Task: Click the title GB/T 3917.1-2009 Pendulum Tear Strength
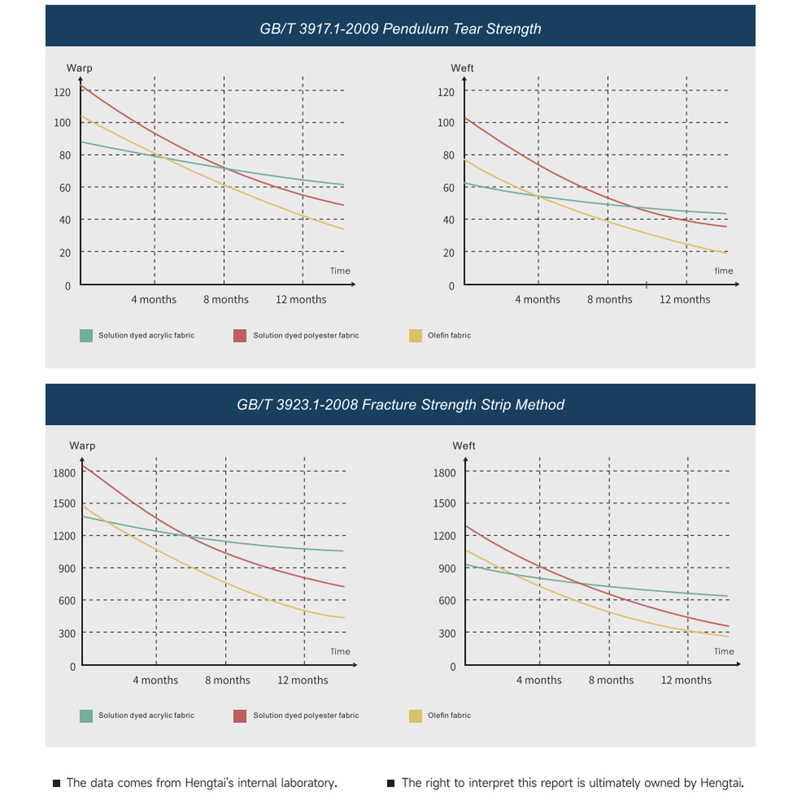[400, 29]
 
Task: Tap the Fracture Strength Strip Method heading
[463, 405]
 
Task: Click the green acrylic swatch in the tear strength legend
[86, 335]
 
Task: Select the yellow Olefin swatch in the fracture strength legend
[415, 716]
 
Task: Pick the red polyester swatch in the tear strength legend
[240, 335]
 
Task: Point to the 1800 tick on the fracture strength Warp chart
[64, 473]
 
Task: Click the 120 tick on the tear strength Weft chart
[446, 92]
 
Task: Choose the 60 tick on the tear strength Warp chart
[65, 188]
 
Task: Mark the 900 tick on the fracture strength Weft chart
[447, 569]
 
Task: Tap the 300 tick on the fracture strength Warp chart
[67, 634]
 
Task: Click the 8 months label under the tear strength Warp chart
[226, 300]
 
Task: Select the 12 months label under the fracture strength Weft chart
[686, 680]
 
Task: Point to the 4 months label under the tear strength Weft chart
[538, 300]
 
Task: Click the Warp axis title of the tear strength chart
[79, 68]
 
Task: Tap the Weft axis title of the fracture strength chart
[464, 446]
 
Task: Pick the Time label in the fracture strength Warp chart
[340, 651]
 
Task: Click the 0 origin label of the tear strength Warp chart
[68, 286]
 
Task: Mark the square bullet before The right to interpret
[391, 783]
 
